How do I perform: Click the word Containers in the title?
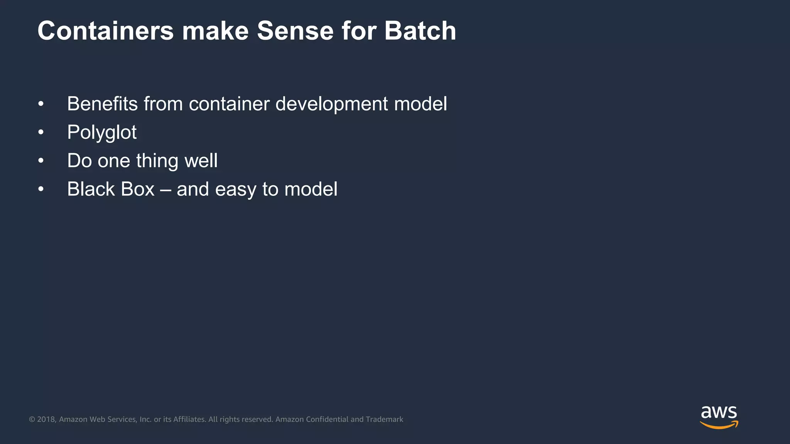click(x=105, y=30)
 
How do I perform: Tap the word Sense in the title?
click(x=295, y=30)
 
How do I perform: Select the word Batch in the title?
click(x=420, y=30)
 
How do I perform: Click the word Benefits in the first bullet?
click(x=102, y=104)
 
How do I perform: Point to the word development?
click(x=331, y=104)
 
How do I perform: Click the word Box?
click(x=138, y=189)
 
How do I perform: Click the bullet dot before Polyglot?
click(x=41, y=133)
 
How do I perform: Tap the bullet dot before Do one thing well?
click(x=41, y=161)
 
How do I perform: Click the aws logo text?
click(x=719, y=413)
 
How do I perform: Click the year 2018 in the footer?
click(x=46, y=419)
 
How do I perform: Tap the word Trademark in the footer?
click(x=384, y=419)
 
